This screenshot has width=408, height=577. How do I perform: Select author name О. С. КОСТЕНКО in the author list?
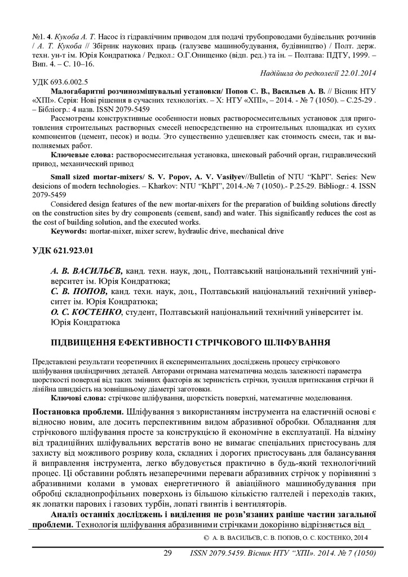pos(87,312)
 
